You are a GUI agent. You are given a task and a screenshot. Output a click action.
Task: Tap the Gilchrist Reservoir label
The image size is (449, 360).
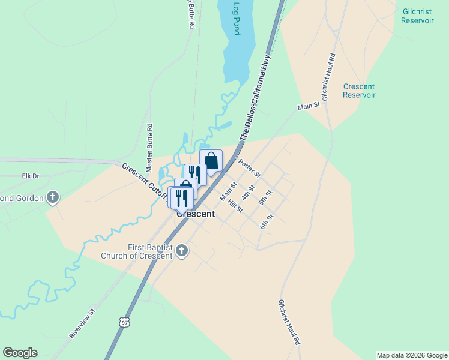point(417,16)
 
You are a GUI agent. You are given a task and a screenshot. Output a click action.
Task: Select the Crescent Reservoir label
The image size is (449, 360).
point(359,91)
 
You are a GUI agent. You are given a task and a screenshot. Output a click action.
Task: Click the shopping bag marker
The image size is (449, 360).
point(211,160)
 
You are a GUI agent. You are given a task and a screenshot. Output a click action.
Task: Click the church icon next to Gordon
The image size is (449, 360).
point(53,197)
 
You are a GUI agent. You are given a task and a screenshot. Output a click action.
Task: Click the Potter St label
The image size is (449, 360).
point(249,168)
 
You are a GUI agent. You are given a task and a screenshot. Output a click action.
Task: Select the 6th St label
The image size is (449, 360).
point(267,221)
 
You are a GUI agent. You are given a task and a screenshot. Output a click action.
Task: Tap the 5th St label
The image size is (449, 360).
point(265,197)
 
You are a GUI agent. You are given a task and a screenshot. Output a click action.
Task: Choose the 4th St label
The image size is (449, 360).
point(249,193)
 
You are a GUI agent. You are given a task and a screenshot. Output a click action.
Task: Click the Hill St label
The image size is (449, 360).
point(235,206)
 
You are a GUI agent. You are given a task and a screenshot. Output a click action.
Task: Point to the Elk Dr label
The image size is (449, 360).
point(30,176)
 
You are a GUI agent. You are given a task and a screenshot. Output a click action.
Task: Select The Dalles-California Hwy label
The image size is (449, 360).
point(255,98)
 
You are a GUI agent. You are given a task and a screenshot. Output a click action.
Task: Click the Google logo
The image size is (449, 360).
point(20,353)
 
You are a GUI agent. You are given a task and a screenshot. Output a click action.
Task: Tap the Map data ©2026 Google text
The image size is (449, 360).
point(412,355)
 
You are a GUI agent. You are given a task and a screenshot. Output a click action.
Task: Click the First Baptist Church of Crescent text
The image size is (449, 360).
point(150,251)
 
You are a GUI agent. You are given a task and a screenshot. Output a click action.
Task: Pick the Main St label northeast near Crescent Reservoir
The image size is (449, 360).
point(309,107)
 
